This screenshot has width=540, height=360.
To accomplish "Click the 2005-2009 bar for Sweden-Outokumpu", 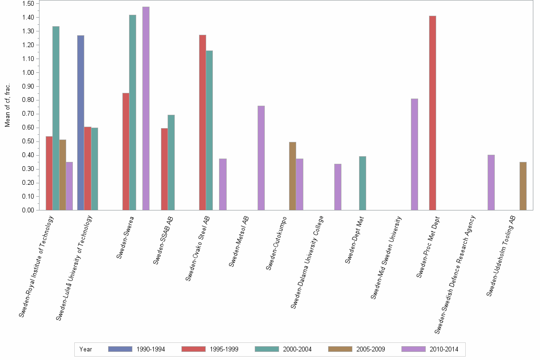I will [292, 176].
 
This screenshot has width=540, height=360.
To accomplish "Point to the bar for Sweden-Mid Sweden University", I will [414, 154].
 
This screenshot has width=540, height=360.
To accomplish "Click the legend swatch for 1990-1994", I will [120, 349].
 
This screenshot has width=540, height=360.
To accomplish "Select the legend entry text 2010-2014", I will [443, 349].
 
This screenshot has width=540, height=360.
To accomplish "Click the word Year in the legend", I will [86, 349].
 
